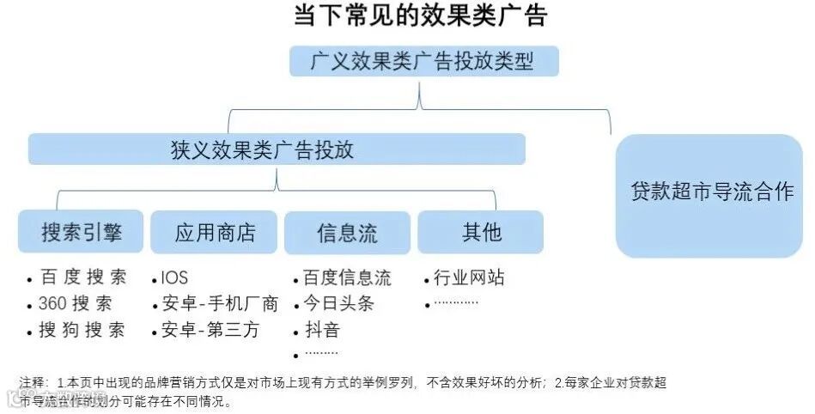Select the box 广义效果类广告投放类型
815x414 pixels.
tap(423, 62)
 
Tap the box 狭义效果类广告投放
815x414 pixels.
tap(276, 149)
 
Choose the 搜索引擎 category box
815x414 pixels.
tap(81, 233)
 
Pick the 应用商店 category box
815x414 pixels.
tap(214, 233)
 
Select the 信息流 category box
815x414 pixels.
tap(347, 233)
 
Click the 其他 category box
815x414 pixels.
tap(480, 232)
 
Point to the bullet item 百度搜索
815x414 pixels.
tap(82, 278)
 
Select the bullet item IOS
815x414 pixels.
tap(174, 278)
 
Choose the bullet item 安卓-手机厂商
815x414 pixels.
tap(220, 304)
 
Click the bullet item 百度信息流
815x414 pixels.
tap(347, 278)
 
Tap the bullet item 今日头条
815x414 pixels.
tap(338, 304)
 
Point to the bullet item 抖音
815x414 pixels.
tap(322, 331)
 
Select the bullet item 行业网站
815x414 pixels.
tap(469, 278)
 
